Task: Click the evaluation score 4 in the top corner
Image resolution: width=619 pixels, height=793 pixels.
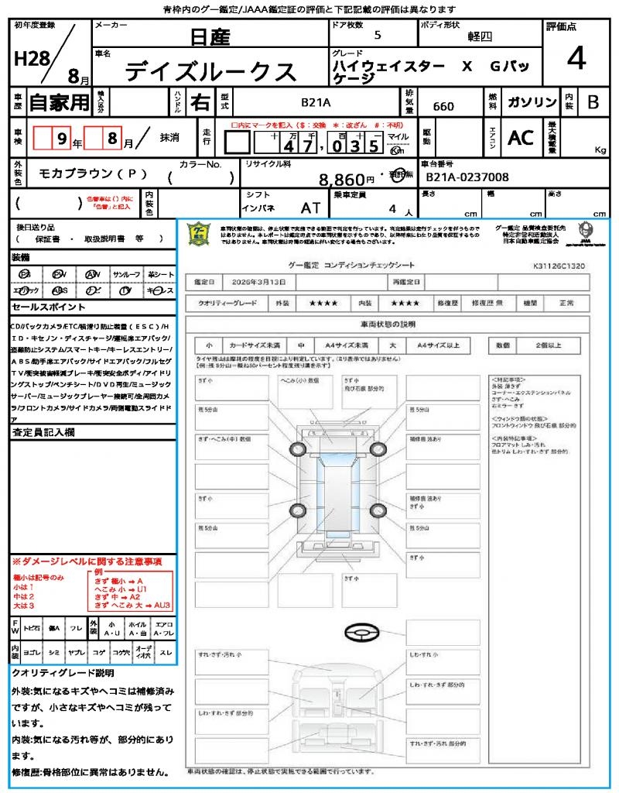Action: [x=576, y=60]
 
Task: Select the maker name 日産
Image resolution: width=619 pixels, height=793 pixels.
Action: [x=210, y=37]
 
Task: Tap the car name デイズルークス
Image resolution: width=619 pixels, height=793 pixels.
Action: [x=210, y=71]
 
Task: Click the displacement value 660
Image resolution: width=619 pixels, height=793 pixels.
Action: [x=443, y=106]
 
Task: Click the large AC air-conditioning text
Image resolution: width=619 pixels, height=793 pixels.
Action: [x=521, y=138]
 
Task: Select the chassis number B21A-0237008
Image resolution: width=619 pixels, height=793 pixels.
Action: [x=467, y=178]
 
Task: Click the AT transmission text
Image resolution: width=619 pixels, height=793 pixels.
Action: [x=312, y=208]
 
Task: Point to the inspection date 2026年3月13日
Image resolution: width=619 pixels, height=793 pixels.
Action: [x=262, y=282]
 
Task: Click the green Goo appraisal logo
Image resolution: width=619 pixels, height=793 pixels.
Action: [x=200, y=233]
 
